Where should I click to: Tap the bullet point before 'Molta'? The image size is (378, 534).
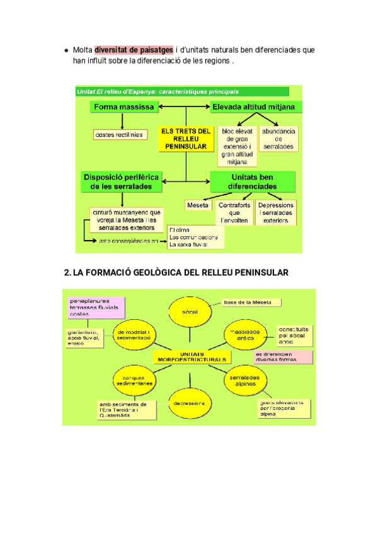66,50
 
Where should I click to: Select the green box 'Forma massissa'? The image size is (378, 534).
124,107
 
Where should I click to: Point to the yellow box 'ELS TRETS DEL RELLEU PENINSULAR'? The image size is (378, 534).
185,138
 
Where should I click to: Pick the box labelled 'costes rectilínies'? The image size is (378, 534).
118,134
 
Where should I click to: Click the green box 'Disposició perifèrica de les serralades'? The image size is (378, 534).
122,181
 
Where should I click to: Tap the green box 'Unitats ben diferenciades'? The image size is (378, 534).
253,182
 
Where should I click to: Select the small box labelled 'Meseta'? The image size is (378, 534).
198,206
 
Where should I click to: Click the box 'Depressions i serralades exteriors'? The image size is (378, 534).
277,213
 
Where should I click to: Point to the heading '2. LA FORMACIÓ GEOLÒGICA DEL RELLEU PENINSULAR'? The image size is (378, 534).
176,273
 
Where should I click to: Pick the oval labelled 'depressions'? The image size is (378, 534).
190,402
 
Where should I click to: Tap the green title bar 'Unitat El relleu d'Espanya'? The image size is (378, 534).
182,91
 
